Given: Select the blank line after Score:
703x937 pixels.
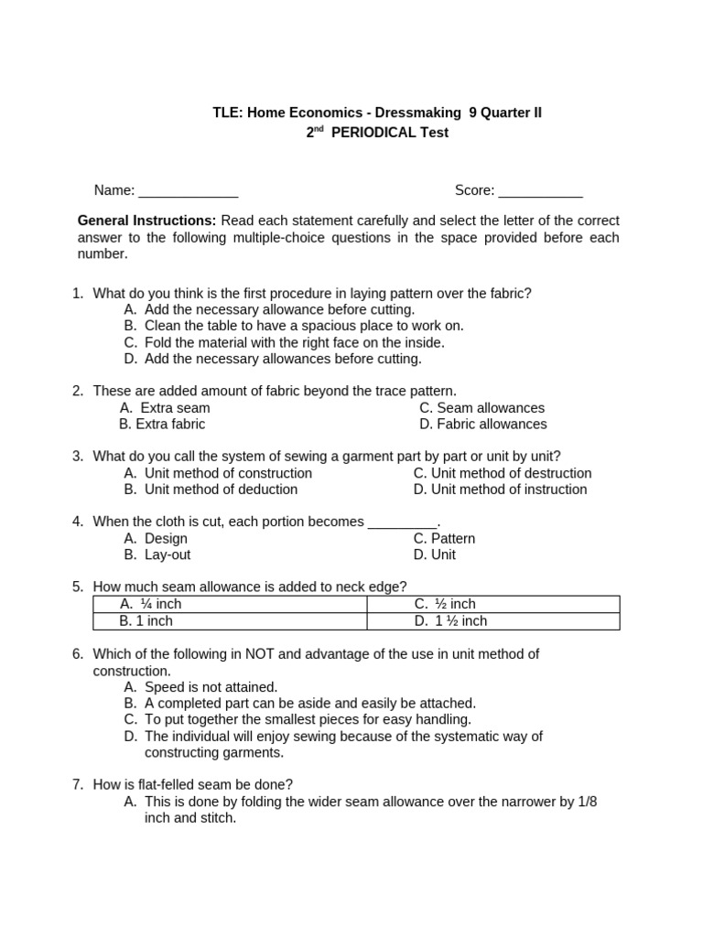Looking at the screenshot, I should pyautogui.click(x=540, y=192).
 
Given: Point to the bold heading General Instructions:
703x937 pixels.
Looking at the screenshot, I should pyautogui.click(x=146, y=221).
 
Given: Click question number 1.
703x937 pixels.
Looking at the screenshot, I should pyautogui.click(x=78, y=293).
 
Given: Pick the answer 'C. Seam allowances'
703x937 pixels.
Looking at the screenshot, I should pyautogui.click(x=481, y=408).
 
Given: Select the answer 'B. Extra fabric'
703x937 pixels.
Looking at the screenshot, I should pyautogui.click(x=162, y=425).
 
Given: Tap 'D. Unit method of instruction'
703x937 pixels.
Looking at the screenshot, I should pyautogui.click(x=500, y=490).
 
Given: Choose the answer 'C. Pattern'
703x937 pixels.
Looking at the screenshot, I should pyautogui.click(x=444, y=539).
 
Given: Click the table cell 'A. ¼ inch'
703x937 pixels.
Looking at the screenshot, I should pyautogui.click(x=152, y=604).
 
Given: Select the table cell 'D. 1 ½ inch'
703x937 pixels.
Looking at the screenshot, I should pyautogui.click(x=450, y=621).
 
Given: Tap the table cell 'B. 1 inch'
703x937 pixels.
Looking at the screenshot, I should pyautogui.click(x=146, y=621).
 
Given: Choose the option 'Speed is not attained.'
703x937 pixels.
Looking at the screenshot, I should pyautogui.click(x=211, y=687).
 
